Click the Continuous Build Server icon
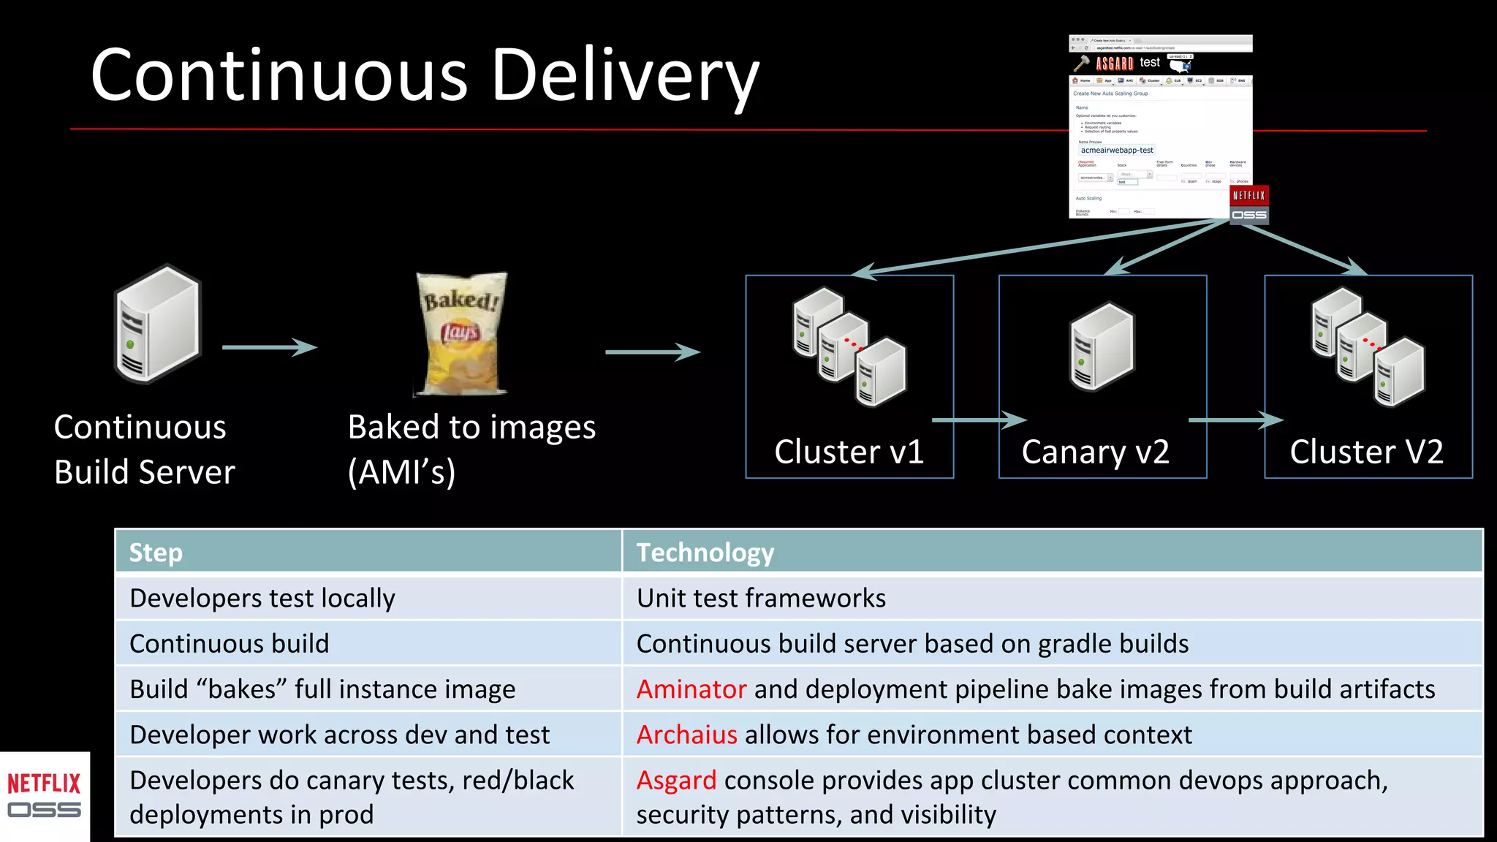click(157, 324)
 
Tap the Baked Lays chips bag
click(461, 333)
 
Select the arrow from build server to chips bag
click(269, 347)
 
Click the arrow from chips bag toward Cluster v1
click(652, 352)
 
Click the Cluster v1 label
click(849, 452)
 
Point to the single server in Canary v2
click(1102, 347)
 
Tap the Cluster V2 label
click(1366, 452)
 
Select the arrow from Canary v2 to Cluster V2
click(1235, 420)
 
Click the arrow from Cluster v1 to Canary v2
click(979, 420)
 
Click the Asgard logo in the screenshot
click(1114, 64)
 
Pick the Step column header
click(156, 553)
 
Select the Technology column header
click(705, 553)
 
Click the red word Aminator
click(691, 689)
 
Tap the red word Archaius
click(686, 735)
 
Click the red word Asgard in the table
click(676, 781)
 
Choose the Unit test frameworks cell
click(761, 599)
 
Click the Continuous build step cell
click(229, 644)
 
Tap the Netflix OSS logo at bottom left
click(44, 796)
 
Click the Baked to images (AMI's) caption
click(471, 449)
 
